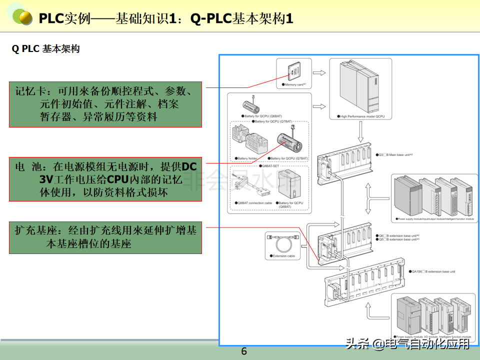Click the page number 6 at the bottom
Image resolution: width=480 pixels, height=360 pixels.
coord(244,351)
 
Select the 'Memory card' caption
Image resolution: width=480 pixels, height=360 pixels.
coord(295,85)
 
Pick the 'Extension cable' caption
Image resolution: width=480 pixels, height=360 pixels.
coord(283,256)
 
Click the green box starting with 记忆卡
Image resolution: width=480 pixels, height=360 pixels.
coord(105,104)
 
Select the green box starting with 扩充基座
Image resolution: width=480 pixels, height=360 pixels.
coord(105,237)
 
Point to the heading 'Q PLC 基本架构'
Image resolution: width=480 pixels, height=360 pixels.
coord(46,49)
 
